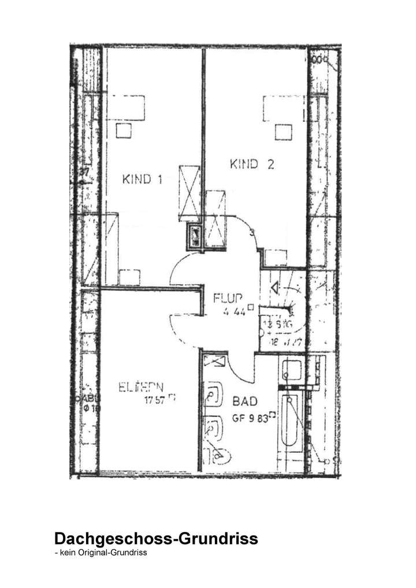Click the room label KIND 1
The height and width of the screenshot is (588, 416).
[x=142, y=179]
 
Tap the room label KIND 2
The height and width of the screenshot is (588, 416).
[x=251, y=165]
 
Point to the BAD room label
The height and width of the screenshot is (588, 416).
[x=245, y=400]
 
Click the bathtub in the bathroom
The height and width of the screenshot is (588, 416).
[x=290, y=422]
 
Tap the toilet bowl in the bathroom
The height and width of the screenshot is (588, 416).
[x=219, y=456]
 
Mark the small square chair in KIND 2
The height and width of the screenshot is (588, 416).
[x=283, y=132]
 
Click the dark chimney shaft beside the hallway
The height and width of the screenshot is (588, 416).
[x=195, y=235]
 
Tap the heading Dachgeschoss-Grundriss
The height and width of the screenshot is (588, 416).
[x=155, y=539]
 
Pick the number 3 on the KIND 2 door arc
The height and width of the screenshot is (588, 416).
[x=251, y=233]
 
